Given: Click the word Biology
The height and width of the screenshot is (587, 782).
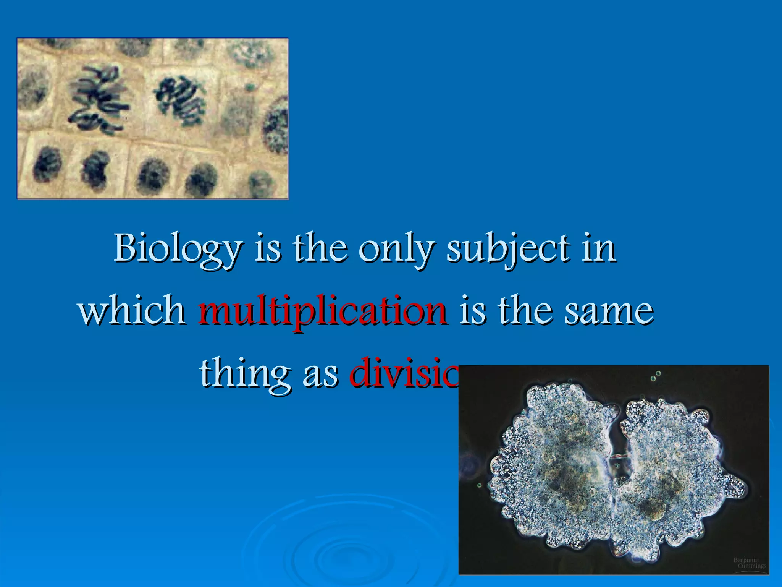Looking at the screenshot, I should pos(178,249).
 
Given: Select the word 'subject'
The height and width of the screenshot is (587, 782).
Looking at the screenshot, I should pos(508,249).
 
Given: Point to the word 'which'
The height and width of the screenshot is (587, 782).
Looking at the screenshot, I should pos(132,310).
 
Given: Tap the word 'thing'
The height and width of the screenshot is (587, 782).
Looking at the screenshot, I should pos(244,373).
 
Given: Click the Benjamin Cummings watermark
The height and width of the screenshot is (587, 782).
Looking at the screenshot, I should pos(749,563).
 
